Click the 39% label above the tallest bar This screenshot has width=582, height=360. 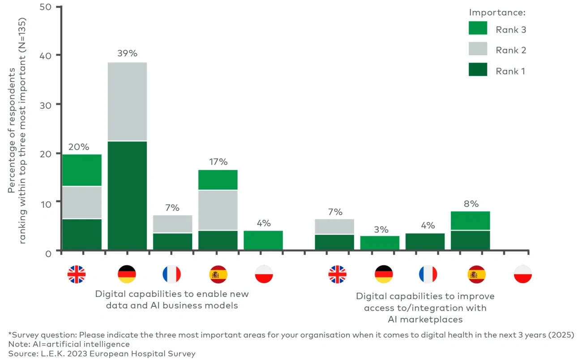pos(127,53)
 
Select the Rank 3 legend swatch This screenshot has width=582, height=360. pos(478,28)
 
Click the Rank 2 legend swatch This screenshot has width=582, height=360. pos(478,49)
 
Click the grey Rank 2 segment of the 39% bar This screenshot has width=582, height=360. pos(127,102)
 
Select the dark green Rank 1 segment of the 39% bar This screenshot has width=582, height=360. pos(127,195)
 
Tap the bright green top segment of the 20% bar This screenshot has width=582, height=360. pos(82,170)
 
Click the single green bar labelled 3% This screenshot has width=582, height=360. pos(380,243)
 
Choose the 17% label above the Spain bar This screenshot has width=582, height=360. pos(218,162)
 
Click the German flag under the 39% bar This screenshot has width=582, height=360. pos(127,274)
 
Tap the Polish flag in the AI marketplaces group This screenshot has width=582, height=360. pos(522,274)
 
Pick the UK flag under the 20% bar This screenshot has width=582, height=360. pos(77,274)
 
